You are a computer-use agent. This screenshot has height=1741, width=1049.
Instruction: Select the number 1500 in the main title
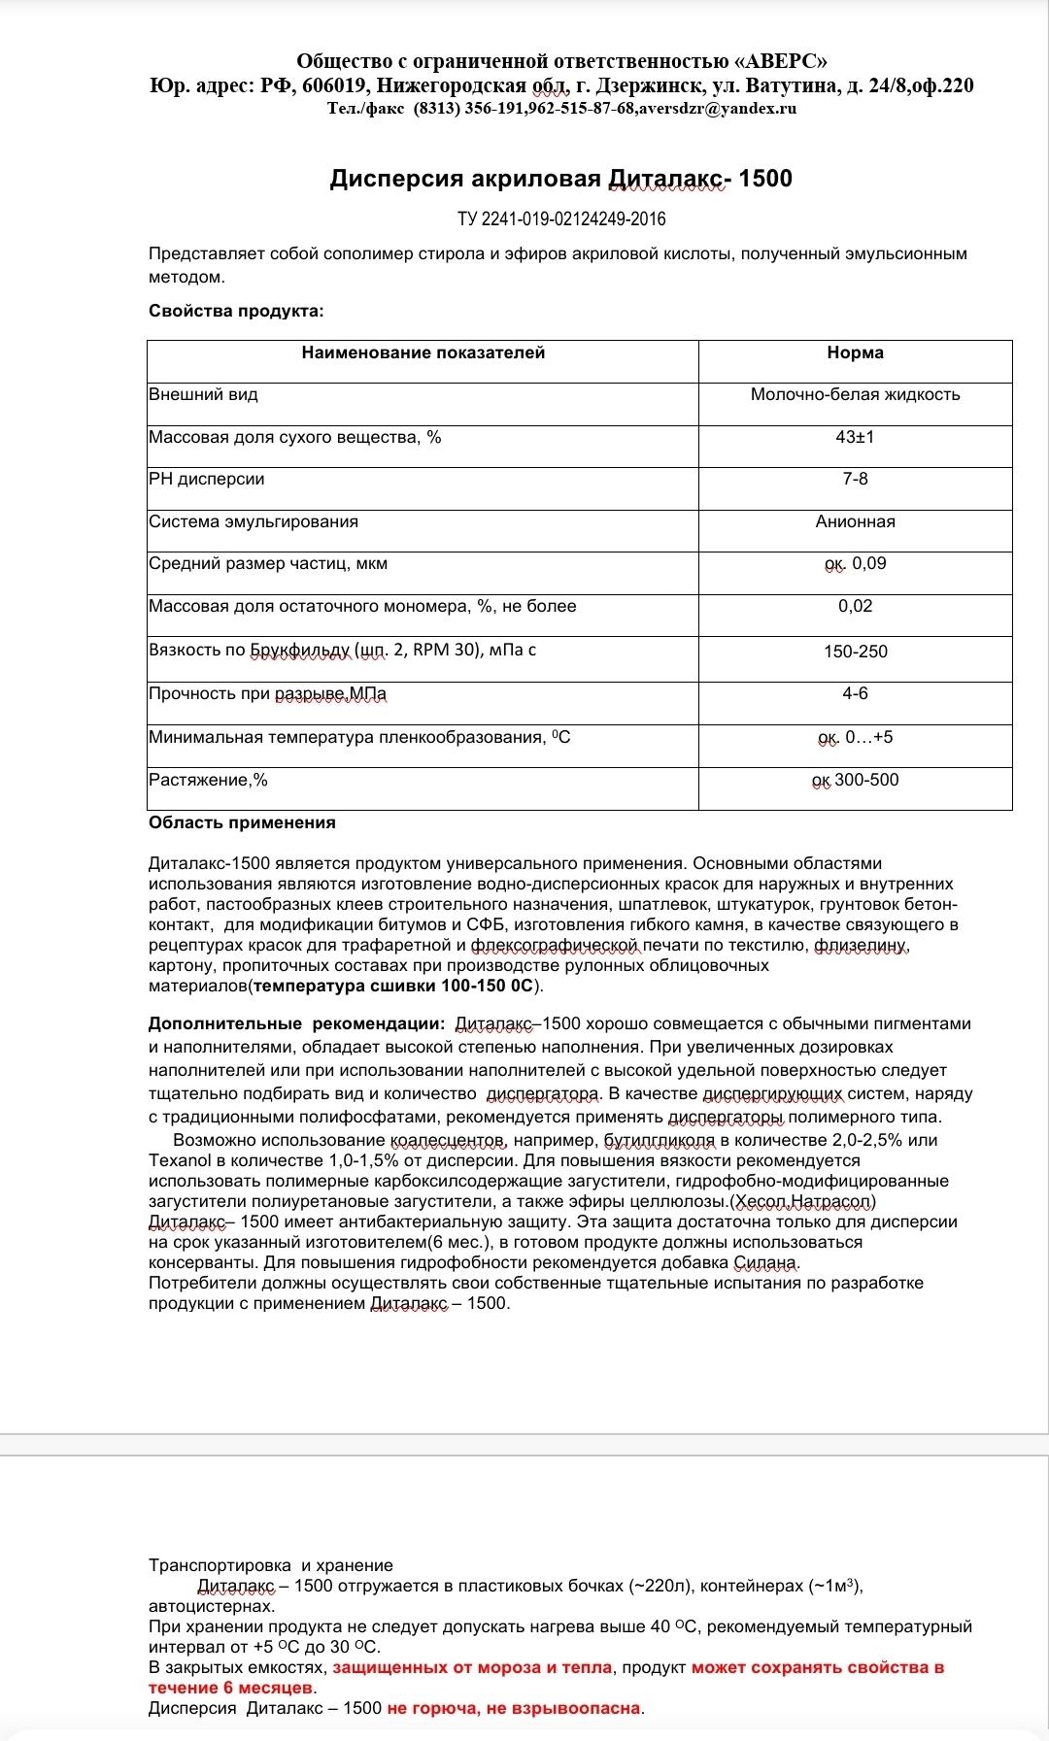(765, 179)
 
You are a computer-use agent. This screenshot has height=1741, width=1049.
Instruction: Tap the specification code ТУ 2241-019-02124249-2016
(561, 218)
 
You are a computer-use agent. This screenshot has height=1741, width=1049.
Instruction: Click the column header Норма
(855, 353)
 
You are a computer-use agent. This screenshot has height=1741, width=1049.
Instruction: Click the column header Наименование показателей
(423, 353)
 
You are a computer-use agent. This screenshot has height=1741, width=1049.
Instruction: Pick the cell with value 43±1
(855, 437)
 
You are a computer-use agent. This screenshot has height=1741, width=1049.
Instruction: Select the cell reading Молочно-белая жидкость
(855, 394)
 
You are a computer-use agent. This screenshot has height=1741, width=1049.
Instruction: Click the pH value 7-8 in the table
(855, 479)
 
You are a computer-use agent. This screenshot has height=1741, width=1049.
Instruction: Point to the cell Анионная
(855, 521)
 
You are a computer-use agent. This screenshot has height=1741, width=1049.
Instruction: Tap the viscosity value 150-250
(855, 652)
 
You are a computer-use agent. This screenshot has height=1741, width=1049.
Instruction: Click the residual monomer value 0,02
(855, 606)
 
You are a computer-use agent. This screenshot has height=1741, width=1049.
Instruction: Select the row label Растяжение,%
(208, 780)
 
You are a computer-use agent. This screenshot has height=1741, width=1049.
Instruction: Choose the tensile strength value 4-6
(855, 693)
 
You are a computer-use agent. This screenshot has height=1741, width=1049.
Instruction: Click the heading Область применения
(242, 822)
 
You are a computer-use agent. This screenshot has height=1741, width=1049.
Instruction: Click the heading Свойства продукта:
(236, 311)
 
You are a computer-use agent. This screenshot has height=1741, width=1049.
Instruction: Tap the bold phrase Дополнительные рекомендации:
(296, 1023)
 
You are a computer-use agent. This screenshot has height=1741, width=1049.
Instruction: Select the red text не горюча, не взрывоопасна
(515, 1708)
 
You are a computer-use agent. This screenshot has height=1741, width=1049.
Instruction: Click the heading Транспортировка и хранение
(270, 1565)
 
